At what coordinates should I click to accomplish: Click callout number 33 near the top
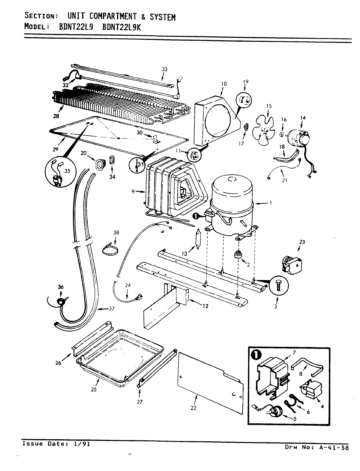164,70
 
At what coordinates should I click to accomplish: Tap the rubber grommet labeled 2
238,254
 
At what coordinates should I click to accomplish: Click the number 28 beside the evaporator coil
56,116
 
